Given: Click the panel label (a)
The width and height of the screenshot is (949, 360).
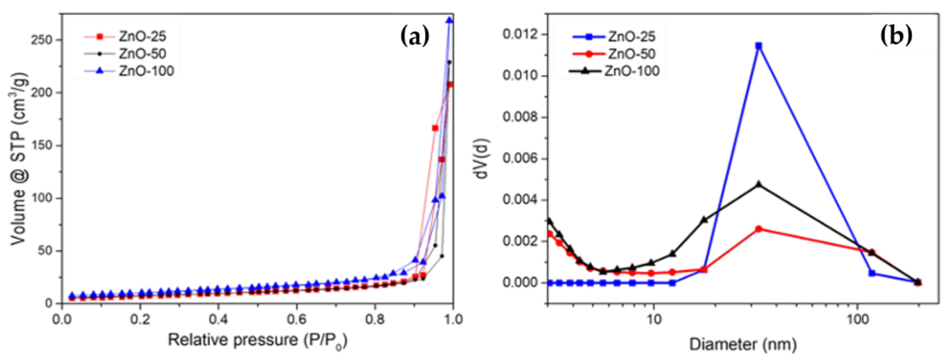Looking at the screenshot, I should point(415,37).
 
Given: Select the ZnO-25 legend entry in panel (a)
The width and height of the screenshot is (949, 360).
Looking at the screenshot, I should point(142,36).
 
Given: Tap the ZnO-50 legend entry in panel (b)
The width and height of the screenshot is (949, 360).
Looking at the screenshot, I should point(631,54).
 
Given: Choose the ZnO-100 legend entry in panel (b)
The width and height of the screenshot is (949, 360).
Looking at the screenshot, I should point(631,71).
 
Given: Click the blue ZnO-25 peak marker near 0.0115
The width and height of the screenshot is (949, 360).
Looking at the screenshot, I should point(759,46).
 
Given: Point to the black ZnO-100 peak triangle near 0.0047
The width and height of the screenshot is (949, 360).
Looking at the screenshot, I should point(759,184).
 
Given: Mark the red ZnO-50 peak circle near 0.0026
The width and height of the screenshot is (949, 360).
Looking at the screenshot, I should point(759,229).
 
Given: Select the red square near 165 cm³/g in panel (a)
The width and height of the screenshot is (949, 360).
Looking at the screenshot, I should point(435,128).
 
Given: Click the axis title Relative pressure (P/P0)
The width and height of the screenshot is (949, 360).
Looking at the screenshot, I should point(258,340).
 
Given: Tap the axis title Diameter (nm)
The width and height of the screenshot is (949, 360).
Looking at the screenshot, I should point(743,345).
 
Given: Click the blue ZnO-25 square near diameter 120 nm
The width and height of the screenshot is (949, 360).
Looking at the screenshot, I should point(872,273).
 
